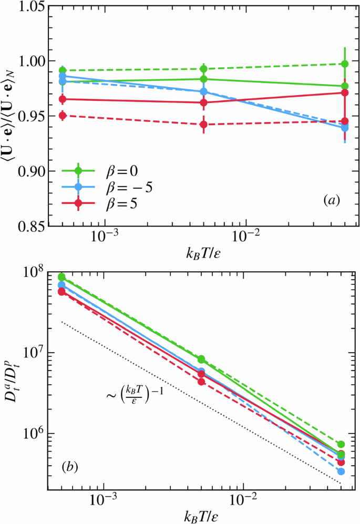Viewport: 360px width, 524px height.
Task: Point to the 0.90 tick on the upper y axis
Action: [x=27, y=171]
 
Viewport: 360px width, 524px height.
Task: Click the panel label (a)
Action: [x=333, y=200]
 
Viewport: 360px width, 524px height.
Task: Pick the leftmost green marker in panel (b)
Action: [x=61, y=277]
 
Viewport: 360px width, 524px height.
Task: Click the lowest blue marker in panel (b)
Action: [x=341, y=471]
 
